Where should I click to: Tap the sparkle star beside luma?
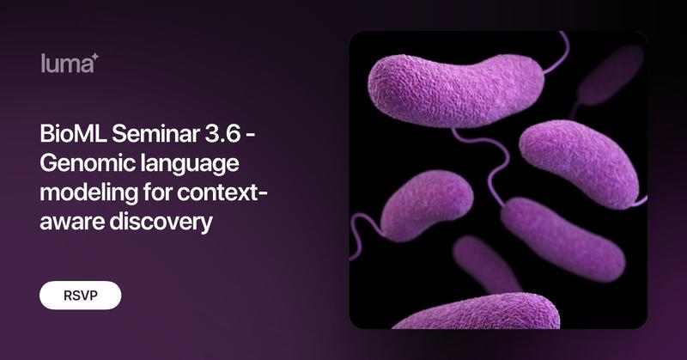pos(95,57)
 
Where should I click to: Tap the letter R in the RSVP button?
pos(69,296)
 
